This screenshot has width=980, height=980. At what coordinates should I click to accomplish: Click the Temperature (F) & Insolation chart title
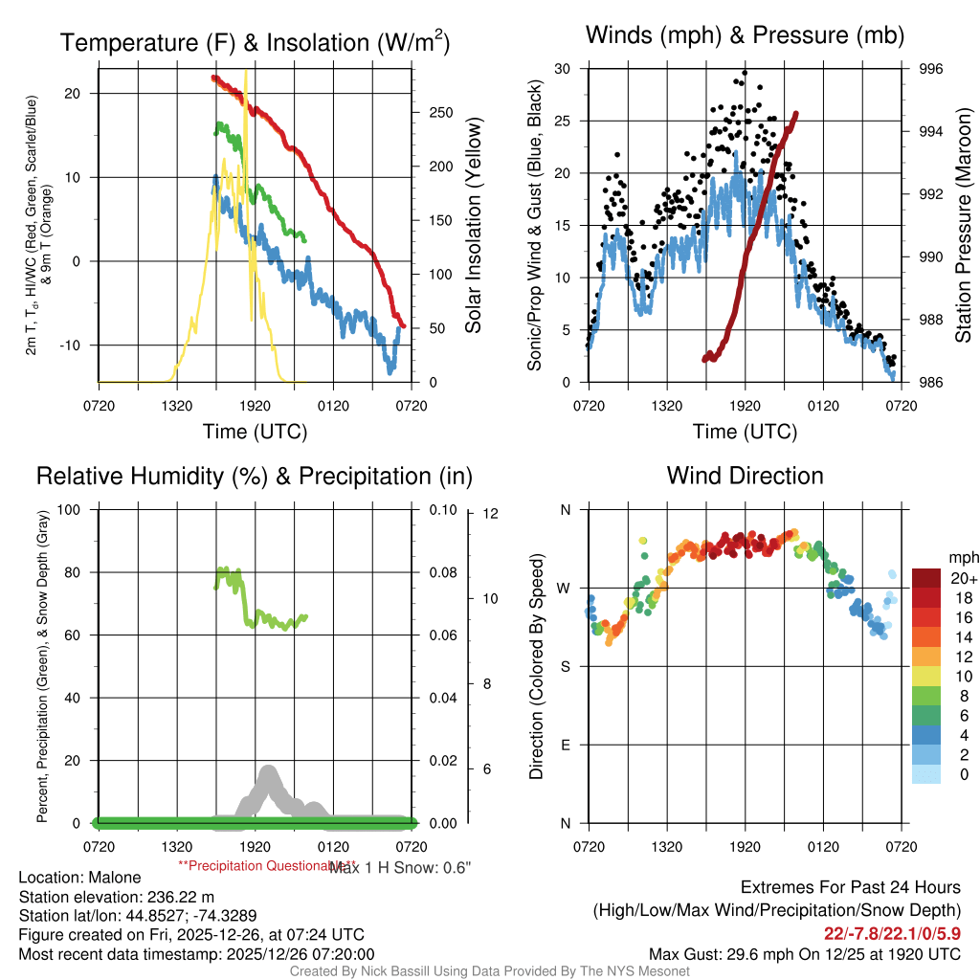pyautogui.click(x=255, y=42)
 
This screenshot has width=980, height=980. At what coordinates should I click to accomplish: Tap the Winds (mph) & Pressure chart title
pyautogui.click(x=745, y=35)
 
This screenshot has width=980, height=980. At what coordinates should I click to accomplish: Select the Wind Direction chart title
pyautogui.click(x=745, y=476)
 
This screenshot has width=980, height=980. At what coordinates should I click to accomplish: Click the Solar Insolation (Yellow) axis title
pyautogui.click(x=473, y=226)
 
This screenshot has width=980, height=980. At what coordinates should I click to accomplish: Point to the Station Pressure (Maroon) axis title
pyautogui.click(x=964, y=226)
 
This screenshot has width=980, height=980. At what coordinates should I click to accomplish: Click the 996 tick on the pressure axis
pyautogui.click(x=930, y=69)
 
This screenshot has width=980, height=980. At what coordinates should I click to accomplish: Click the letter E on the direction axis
pyautogui.click(x=565, y=745)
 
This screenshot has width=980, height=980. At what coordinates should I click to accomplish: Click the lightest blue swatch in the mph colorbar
pyautogui.click(x=926, y=774)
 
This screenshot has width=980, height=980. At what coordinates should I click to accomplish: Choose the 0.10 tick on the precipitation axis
pyautogui.click(x=443, y=510)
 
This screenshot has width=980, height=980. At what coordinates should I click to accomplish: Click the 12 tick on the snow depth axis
pyautogui.click(x=492, y=514)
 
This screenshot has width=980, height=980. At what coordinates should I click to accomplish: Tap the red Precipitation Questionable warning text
pyautogui.click(x=253, y=865)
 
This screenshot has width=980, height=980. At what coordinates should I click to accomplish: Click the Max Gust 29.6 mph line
pyautogui.click(x=804, y=953)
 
